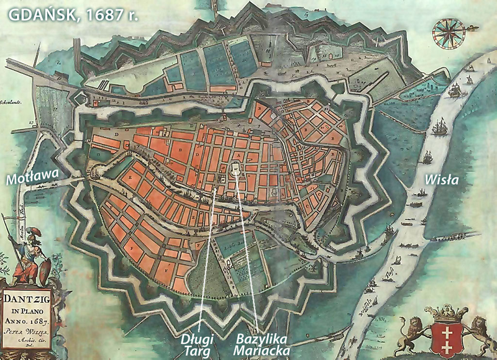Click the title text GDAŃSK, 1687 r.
[x=73, y=14]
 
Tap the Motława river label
[x=32, y=179]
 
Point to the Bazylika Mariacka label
[x=263, y=344]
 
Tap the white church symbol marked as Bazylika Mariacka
[x=237, y=169]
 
